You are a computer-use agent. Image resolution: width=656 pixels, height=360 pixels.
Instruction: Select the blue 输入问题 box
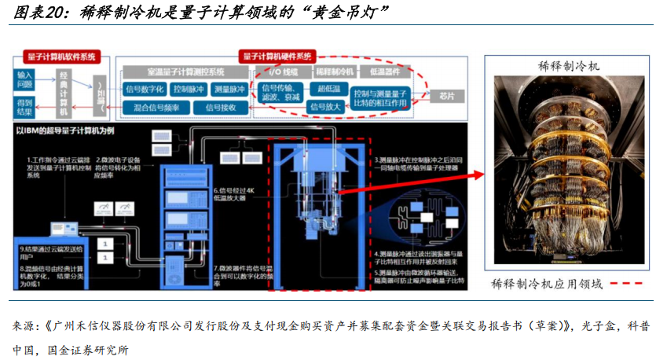[25, 79]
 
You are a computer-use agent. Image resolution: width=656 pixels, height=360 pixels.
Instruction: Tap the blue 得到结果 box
[25, 107]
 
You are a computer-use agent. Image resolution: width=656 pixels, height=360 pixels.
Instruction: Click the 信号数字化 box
[144, 90]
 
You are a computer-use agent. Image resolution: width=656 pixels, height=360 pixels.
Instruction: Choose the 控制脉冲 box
[189, 90]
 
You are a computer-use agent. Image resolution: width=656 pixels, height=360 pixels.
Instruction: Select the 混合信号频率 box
[156, 107]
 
